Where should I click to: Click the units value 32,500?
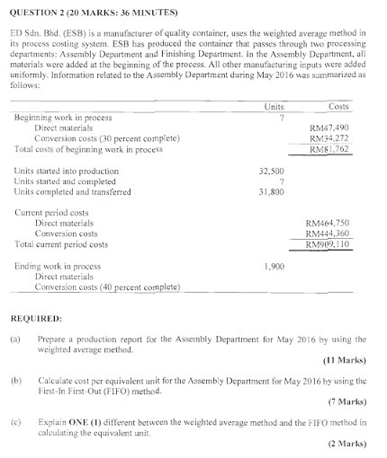(272, 170)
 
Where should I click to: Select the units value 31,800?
(272, 191)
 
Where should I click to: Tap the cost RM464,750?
(328, 222)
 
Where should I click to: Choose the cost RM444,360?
(328, 233)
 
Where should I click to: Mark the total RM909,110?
(328, 243)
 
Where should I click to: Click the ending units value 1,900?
(275, 267)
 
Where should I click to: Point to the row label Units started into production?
(67, 170)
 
